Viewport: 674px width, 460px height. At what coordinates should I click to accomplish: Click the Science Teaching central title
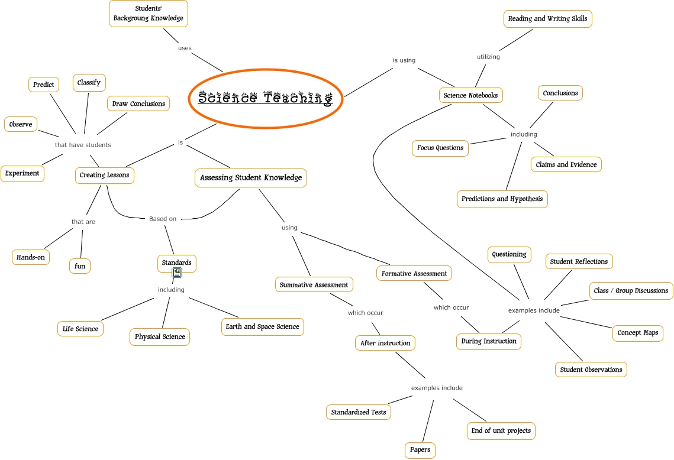(266, 98)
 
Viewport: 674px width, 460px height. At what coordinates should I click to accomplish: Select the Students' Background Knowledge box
(149, 13)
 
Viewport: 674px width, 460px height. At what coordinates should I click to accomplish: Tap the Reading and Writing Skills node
(547, 19)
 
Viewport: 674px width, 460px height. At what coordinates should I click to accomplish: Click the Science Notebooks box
(470, 95)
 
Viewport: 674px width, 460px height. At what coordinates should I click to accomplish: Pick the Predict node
(44, 85)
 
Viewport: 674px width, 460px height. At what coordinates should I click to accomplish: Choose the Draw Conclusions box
(138, 103)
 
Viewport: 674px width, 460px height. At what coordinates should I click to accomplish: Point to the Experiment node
(22, 173)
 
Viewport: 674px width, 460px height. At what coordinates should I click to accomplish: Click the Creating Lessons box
(105, 175)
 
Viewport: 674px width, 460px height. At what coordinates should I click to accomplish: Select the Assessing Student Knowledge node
(251, 177)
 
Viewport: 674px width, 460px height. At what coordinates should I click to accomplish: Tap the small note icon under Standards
(177, 273)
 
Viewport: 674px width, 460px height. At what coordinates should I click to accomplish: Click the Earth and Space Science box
(262, 326)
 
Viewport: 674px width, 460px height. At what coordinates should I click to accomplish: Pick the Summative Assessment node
(314, 284)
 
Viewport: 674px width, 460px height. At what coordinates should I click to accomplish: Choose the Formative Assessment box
(414, 274)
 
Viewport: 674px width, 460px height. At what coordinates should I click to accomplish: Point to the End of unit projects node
(501, 430)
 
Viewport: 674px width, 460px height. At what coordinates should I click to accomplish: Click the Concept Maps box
(637, 332)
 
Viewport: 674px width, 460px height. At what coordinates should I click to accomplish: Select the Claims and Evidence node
(566, 164)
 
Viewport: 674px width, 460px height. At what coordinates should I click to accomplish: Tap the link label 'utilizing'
(488, 57)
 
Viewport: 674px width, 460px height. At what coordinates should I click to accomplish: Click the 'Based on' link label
(163, 219)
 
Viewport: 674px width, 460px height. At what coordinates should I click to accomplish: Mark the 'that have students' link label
(83, 145)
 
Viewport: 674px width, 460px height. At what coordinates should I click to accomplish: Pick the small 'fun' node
(80, 266)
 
